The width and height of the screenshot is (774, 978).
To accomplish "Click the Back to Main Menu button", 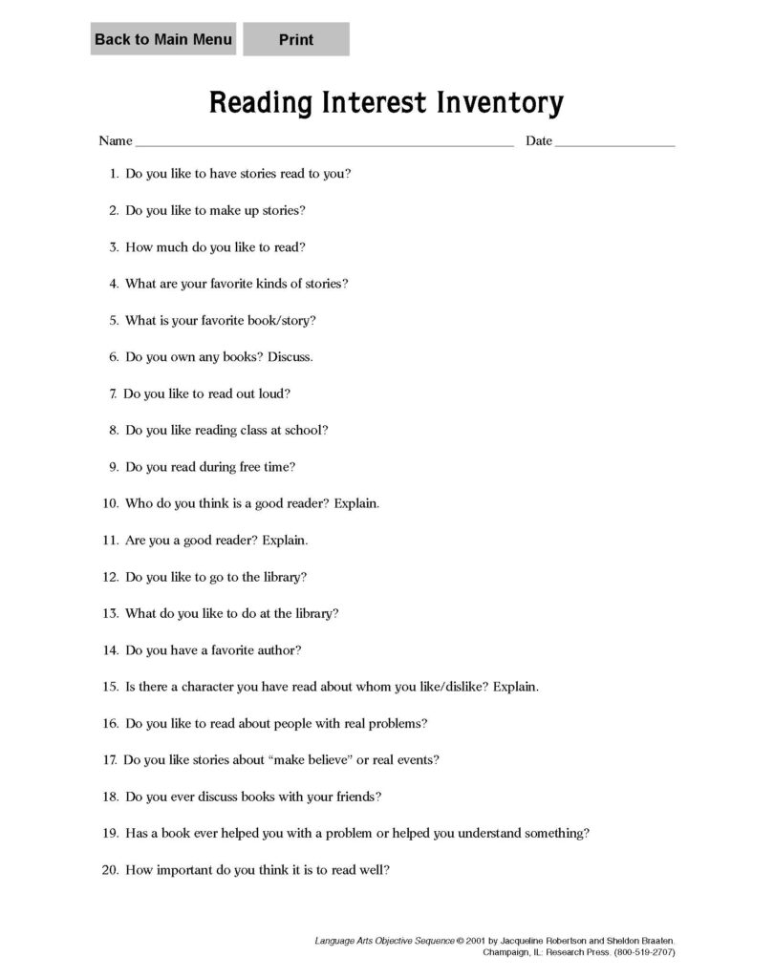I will (162, 39).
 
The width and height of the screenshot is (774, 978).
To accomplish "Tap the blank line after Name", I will (324, 143).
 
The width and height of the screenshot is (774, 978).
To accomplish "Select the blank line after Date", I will (614, 143).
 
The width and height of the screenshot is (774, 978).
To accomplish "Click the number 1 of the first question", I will (113, 174).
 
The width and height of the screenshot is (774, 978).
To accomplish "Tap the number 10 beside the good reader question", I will (109, 503).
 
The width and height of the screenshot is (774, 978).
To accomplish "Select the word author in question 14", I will (278, 650).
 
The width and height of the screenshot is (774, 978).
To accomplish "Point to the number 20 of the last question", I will (109, 870).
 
